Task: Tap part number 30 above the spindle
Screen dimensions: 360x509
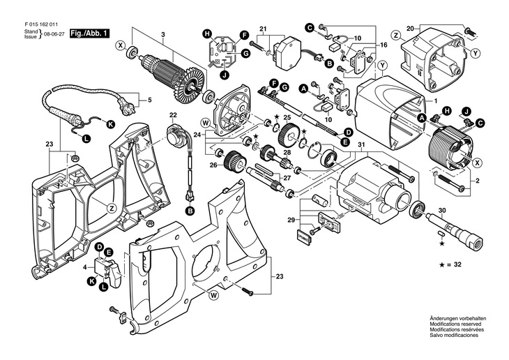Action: tap(441, 209)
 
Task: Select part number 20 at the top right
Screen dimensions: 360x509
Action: tap(430, 28)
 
